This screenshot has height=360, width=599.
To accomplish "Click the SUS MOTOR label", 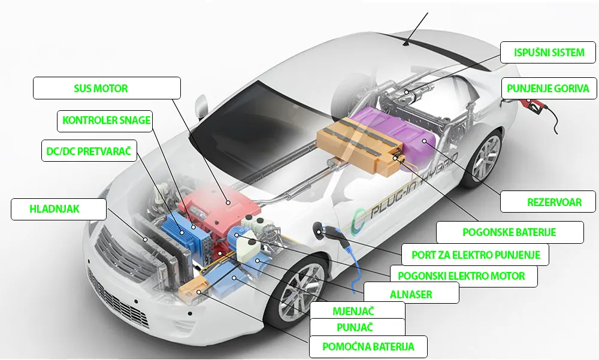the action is click(107, 88).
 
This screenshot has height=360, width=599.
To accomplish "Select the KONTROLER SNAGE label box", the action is click(105, 121).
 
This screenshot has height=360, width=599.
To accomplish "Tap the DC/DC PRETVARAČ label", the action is click(89, 150).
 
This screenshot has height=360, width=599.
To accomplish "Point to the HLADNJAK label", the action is click(59, 209).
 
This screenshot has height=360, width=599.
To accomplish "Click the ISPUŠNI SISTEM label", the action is click(548, 53).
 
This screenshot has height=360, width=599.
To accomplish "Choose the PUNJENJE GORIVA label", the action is click(549, 89).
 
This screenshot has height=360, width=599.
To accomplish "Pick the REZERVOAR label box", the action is click(548, 202).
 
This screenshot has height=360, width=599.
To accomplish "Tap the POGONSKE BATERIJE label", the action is click(510, 232).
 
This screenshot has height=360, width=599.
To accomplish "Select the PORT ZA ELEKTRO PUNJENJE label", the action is click(475, 255).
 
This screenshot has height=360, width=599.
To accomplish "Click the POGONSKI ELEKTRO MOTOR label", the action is click(464, 276).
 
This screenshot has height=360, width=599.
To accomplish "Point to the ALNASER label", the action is click(412, 294).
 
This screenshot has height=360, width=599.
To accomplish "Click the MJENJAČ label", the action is click(357, 310).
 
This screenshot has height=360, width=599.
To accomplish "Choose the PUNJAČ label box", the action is click(357, 327).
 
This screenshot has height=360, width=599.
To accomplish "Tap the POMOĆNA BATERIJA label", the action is click(368, 347).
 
